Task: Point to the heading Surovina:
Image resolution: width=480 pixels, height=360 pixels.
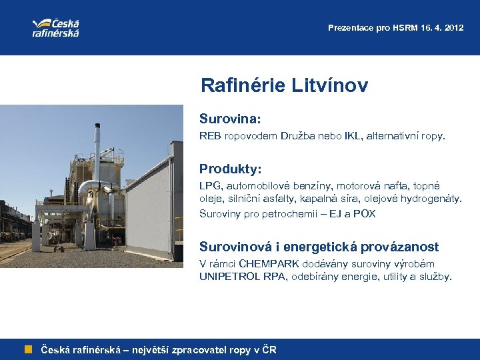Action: click(x=229, y=118)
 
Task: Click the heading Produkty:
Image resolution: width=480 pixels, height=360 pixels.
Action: click(x=230, y=169)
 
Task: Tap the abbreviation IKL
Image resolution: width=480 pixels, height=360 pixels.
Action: click(x=353, y=137)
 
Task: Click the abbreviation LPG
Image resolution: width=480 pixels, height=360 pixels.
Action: click(x=209, y=186)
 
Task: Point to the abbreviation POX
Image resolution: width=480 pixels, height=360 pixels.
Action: click(x=364, y=214)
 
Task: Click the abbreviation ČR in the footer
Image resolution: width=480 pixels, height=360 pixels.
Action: click(x=268, y=350)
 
